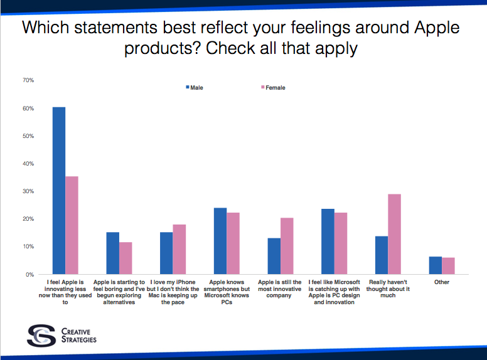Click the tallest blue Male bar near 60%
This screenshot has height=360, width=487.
click(x=59, y=191)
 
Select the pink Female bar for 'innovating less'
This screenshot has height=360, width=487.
click(x=72, y=225)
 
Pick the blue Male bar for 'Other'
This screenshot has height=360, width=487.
click(x=435, y=265)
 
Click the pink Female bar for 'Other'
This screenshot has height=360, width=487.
click(x=448, y=266)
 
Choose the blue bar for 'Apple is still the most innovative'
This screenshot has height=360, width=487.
click(x=274, y=256)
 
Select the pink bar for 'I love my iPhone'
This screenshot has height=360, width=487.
click(x=179, y=249)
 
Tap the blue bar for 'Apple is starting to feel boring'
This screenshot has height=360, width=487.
click(x=112, y=253)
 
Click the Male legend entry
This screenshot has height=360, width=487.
click(x=194, y=88)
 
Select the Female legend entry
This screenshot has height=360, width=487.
click(x=272, y=88)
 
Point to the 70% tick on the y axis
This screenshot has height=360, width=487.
click(x=28, y=80)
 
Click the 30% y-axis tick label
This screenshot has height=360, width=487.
click(x=28, y=191)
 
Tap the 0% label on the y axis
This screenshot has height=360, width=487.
click(x=29, y=275)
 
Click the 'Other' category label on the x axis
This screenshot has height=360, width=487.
click(x=441, y=282)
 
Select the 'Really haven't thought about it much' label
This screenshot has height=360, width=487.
click(x=388, y=289)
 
